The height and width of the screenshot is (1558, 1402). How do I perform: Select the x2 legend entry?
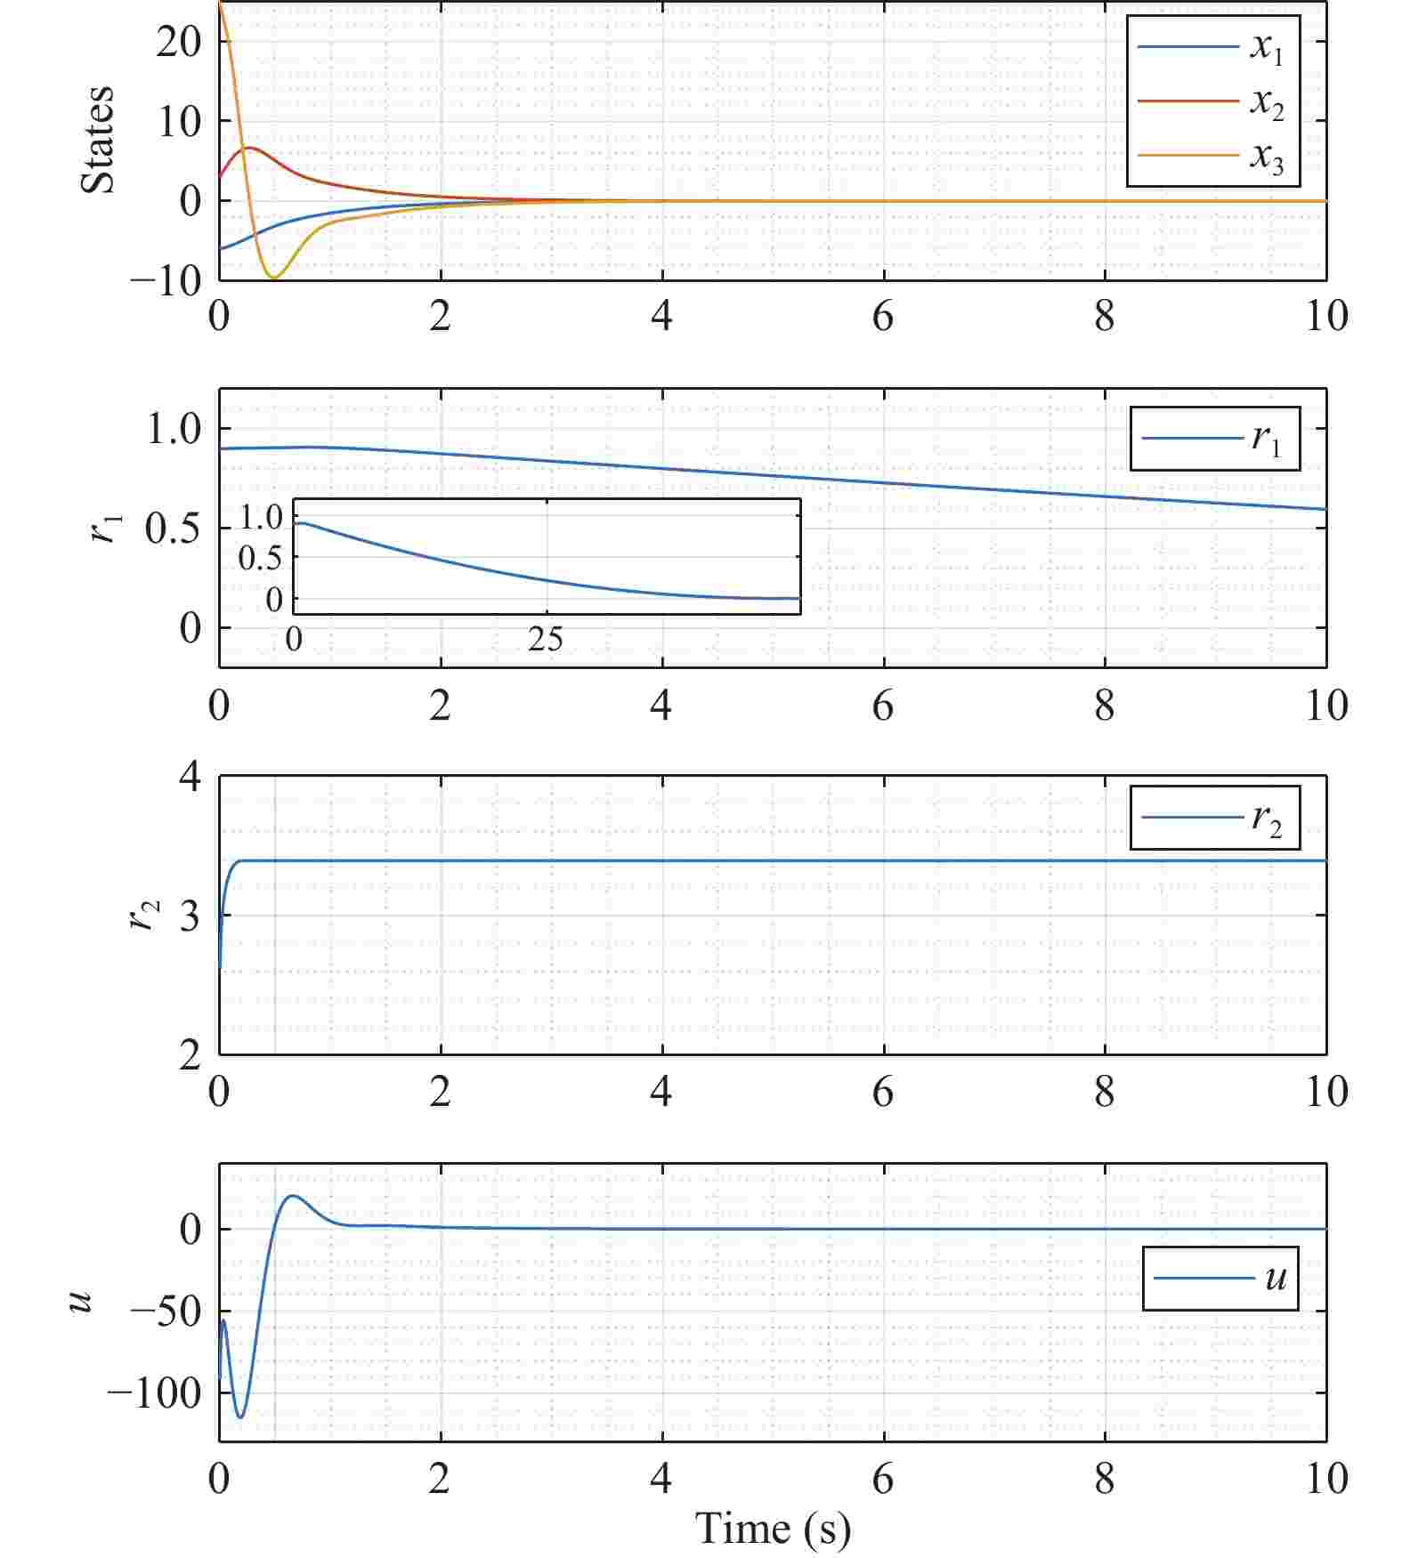(1212, 101)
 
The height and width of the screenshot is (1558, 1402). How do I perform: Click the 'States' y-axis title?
(98, 140)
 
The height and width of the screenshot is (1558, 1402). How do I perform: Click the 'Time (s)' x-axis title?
(773, 1529)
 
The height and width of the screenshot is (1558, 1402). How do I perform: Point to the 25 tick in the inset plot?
(545, 638)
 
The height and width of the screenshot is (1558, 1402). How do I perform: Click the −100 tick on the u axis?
(155, 1393)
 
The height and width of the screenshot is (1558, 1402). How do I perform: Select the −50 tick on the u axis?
(166, 1311)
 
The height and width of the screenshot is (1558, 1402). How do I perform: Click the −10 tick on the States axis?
(166, 281)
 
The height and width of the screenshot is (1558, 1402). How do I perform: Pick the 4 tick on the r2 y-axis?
(190, 777)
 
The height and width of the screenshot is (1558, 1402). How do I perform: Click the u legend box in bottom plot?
(1220, 1279)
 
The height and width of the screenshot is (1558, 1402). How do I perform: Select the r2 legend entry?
(1214, 817)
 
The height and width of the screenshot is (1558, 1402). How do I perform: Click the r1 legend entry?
(1214, 438)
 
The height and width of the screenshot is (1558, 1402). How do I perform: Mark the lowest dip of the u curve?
(239, 1417)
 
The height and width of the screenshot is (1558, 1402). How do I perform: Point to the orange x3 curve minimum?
(273, 279)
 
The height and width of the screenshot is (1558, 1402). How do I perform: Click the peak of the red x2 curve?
(249, 148)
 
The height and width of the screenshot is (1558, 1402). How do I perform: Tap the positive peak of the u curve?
(292, 1196)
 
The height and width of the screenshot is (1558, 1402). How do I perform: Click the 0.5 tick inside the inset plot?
(260, 558)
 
